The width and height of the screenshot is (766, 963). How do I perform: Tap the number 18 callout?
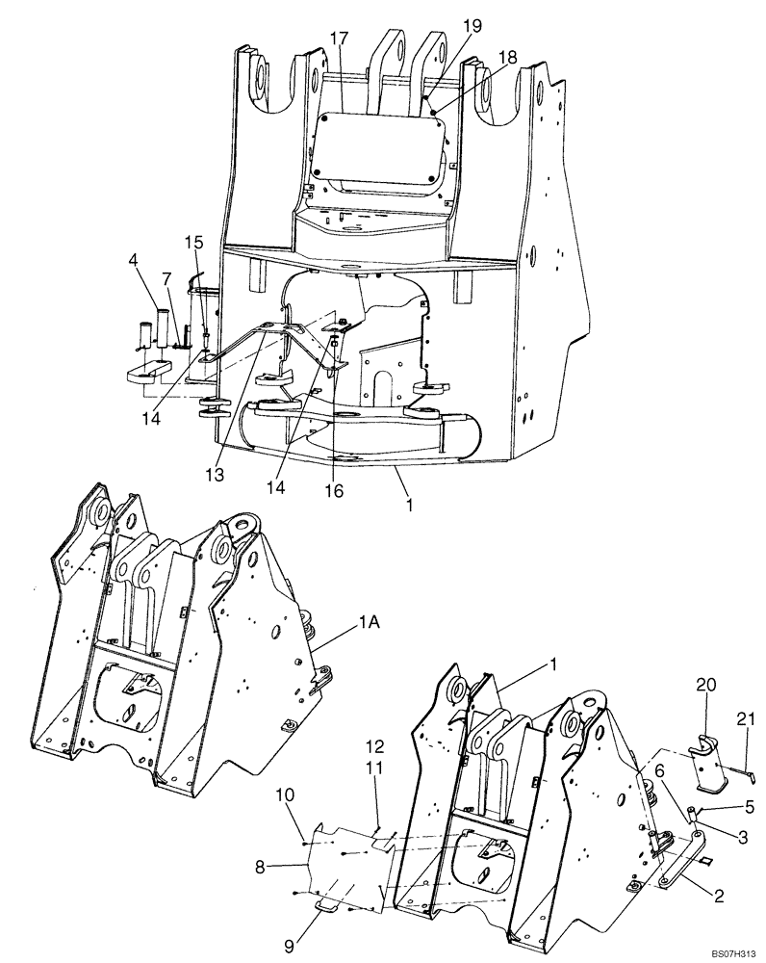(x=506, y=57)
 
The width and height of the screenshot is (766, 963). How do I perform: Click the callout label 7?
(x=166, y=278)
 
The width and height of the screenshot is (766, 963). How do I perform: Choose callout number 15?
(x=194, y=241)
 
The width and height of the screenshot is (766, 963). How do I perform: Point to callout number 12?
(x=375, y=745)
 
